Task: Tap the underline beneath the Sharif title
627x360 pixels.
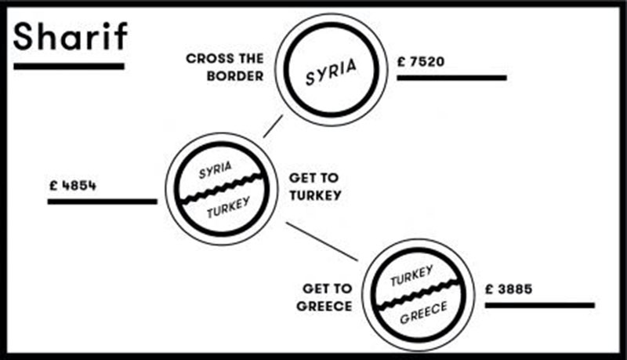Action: pyautogui.click(x=69, y=66)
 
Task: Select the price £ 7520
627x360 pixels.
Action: pyautogui.click(x=422, y=60)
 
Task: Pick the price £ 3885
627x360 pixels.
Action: pyautogui.click(x=509, y=289)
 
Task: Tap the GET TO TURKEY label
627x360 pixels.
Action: pyautogui.click(x=315, y=187)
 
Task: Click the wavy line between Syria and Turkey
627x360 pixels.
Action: pyautogui.click(x=219, y=190)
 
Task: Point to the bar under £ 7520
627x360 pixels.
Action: pyautogui.click(x=451, y=78)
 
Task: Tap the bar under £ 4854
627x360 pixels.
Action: pyautogui.click(x=102, y=202)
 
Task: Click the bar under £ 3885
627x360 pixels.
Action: pyautogui.click(x=539, y=304)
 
